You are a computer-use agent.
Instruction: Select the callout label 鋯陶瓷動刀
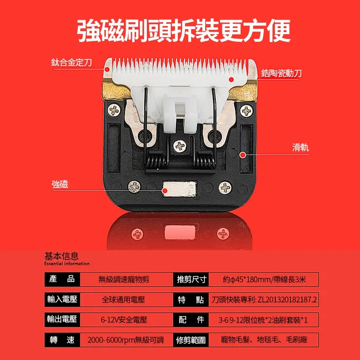[281, 73]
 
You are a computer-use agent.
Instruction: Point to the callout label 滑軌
[300, 147]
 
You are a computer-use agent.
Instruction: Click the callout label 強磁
[60, 185]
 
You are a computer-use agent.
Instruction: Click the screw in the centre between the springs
[180, 144]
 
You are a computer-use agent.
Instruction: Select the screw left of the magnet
[134, 186]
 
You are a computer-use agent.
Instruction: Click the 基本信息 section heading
[61, 256]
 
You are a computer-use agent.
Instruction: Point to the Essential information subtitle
[67, 264]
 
